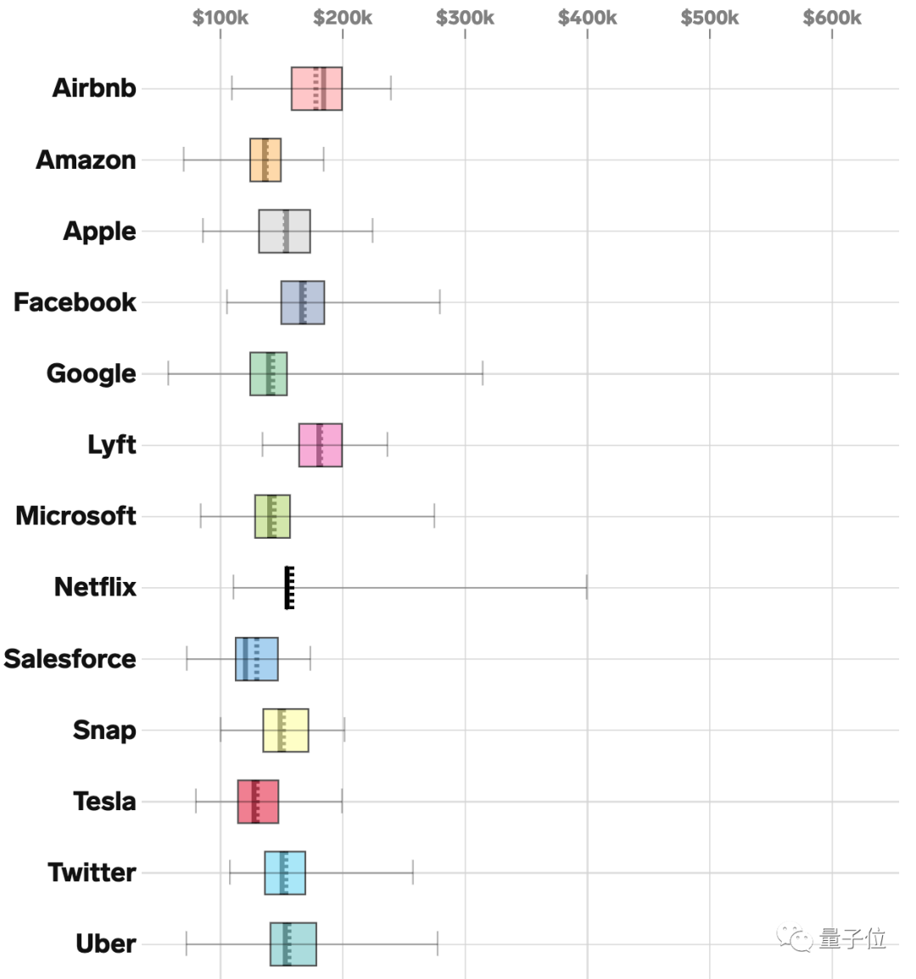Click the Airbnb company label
(94, 88)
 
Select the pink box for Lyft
(321, 445)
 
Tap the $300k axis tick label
(465, 18)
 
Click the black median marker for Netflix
(289, 587)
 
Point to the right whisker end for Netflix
(586, 587)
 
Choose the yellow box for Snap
(286, 730)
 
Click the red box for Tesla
(258, 802)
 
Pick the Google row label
(91, 373)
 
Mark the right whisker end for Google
(483, 373)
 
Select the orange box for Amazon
(265, 159)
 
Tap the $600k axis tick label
(832, 18)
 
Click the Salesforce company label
(70, 659)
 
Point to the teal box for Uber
(293, 944)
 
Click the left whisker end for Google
(168, 373)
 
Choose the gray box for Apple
(285, 231)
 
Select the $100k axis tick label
(221, 18)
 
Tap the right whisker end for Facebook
(439, 302)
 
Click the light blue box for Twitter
(285, 873)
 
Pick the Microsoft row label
(75, 516)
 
